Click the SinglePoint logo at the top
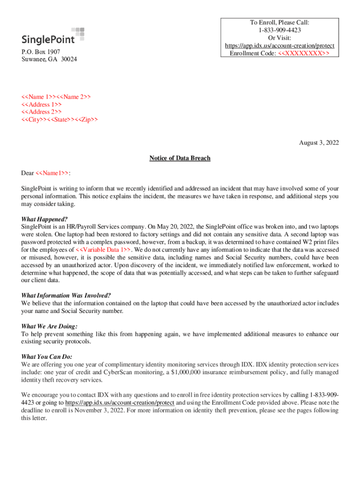click(x=54, y=36)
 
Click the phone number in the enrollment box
click(x=279, y=30)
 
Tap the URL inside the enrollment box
click(x=279, y=46)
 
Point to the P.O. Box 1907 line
click(x=41, y=52)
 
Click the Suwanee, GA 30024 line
click(x=50, y=59)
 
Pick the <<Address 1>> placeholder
click(x=42, y=104)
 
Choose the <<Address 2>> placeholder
click(x=42, y=112)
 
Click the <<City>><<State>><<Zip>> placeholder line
click(x=60, y=119)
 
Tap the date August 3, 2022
click(x=319, y=143)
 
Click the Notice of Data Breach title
click(x=180, y=158)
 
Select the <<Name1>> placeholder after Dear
click(x=52, y=174)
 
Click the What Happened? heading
click(x=44, y=219)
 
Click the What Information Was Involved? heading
click(x=66, y=296)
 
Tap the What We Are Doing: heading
click(x=50, y=326)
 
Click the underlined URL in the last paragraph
click(x=119, y=402)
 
